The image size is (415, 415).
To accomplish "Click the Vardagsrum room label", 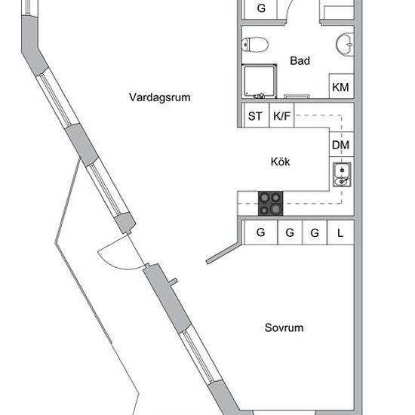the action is point(160,97).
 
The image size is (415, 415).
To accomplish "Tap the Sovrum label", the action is point(284,327).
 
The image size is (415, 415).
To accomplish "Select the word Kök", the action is point(280,161).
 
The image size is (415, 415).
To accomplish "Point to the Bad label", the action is point(300,60).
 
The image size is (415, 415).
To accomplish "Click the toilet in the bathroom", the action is point(255,45).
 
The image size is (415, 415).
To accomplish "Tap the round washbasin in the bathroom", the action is point(345,45).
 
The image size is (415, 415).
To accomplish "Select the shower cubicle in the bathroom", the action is point(259,81).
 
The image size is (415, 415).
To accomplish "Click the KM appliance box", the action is point(341,86).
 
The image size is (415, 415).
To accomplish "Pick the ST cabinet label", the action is point(255,116).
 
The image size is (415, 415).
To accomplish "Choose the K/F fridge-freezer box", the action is point(281,115).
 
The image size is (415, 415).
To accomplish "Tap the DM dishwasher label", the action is point(340,145).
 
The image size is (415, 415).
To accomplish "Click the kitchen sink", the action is point(342,174).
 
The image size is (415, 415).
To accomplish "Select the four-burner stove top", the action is point(270,203).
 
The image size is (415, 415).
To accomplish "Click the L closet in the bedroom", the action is point(340,232).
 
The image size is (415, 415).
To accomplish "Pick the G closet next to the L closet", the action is point(315,232).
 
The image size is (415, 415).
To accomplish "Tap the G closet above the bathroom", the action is point(261,9).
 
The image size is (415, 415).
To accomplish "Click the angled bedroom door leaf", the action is point(224,253).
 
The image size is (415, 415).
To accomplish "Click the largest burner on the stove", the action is point(276,209).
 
